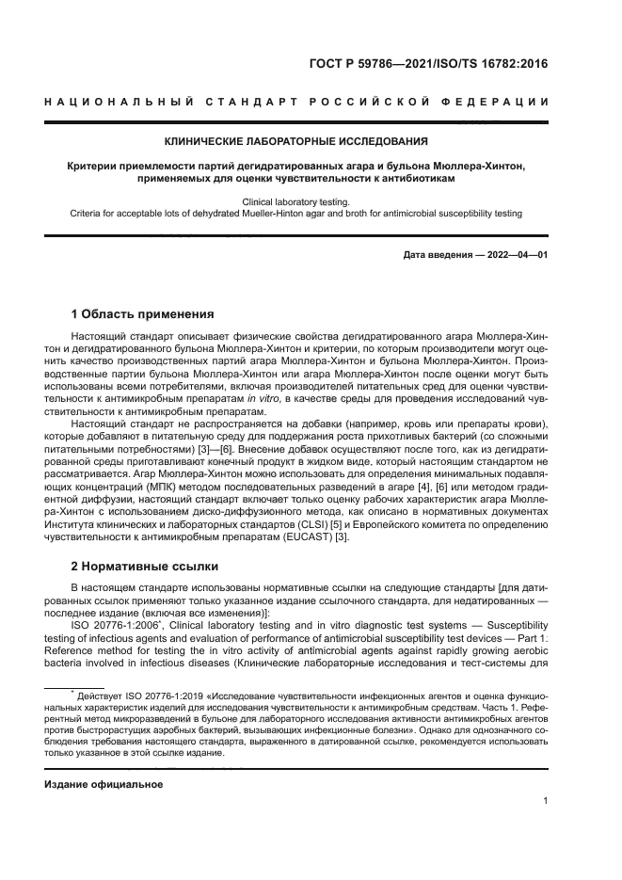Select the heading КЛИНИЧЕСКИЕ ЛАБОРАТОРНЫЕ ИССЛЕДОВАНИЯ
click(296, 142)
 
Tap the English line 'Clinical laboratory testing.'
click(295, 201)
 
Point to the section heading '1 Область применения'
click(142, 313)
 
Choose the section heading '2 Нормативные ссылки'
click(144, 567)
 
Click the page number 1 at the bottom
click(546, 801)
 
